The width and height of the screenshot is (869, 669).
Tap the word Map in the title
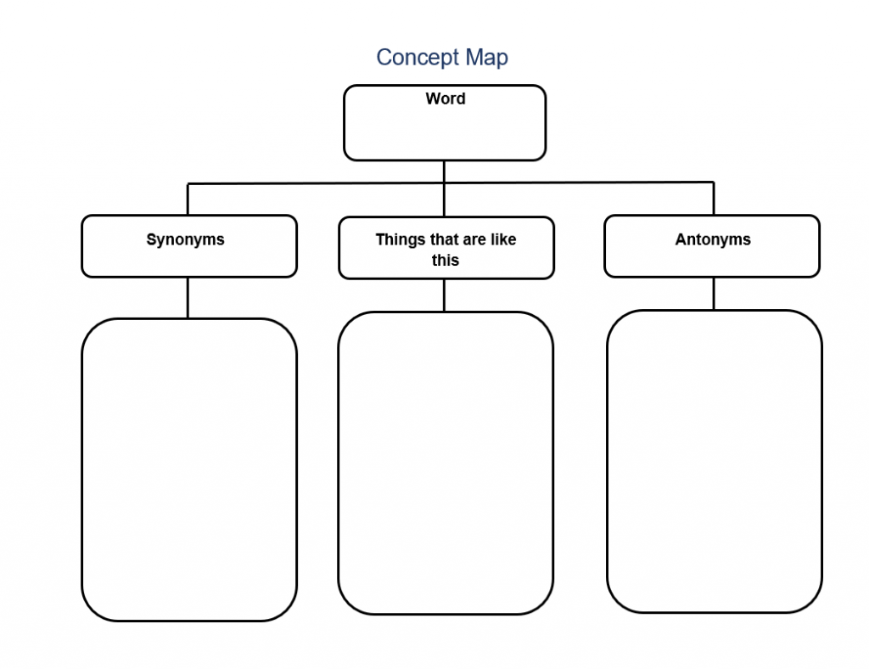(486, 58)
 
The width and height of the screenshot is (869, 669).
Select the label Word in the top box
(445, 99)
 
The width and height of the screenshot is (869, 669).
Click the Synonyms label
(185, 239)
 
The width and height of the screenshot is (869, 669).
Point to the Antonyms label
(713, 239)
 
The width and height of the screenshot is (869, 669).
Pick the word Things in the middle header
(400, 239)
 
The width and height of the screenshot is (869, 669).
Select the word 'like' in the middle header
(503, 239)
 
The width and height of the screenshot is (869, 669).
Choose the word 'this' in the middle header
(445, 261)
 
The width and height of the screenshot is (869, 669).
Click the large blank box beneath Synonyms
(188, 469)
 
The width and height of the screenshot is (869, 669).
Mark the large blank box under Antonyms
(714, 461)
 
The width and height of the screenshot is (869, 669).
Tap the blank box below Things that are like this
(446, 463)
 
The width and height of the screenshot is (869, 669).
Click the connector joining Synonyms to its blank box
(188, 297)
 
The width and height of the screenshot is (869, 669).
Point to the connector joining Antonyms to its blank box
(713, 293)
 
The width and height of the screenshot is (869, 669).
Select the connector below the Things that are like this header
(444, 295)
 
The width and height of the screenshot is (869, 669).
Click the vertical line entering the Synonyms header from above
(188, 200)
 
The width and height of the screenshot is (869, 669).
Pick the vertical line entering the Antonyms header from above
(713, 199)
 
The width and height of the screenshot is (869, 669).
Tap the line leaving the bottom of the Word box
(444, 171)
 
